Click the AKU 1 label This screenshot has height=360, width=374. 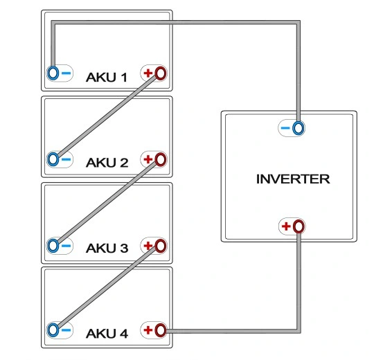107,78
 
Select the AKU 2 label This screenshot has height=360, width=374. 107,163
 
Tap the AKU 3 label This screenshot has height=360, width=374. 107,248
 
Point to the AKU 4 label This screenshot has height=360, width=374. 107,333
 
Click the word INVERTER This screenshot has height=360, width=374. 293,179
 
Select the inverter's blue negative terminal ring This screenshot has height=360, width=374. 294,128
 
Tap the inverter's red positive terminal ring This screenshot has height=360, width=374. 294,226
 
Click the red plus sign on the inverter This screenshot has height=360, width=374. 286,226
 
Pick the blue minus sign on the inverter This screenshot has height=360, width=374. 285,128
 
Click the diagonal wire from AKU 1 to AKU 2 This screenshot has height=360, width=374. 107,116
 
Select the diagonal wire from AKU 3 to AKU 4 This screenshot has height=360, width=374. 107,288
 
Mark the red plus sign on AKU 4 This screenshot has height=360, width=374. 148,330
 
